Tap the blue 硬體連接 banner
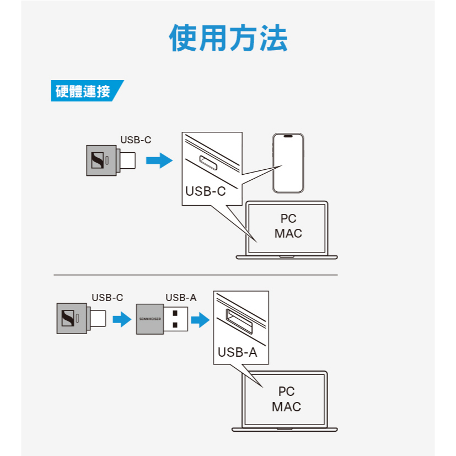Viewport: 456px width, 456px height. [84, 91]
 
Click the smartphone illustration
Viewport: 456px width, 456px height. [288, 163]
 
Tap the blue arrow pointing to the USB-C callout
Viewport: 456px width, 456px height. [159, 161]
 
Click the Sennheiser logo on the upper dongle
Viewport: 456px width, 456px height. [97, 161]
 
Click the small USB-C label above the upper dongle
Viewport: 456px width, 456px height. [136, 140]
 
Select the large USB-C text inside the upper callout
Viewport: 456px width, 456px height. [206, 191]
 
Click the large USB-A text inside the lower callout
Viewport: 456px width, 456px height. [237, 352]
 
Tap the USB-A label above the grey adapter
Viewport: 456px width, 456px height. [181, 298]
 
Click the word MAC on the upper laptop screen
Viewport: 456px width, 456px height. [288, 233]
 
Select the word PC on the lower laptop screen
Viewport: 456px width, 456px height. [287, 391]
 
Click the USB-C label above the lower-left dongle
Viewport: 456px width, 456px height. [107, 298]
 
